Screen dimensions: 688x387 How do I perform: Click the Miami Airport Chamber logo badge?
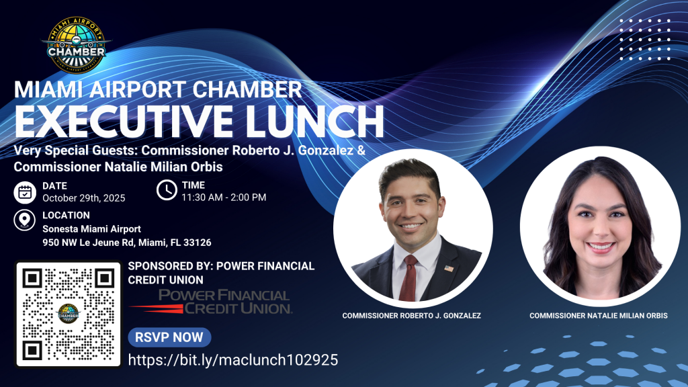(x=77, y=45)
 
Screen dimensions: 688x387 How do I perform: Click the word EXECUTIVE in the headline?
(x=124, y=121)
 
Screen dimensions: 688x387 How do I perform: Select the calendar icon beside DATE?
(x=25, y=192)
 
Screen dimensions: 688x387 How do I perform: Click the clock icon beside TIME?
(x=167, y=190)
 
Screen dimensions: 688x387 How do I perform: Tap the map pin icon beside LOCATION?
(x=25, y=220)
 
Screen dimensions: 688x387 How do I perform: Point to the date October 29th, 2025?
(x=84, y=198)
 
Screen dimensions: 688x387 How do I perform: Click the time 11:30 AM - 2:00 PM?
(x=224, y=198)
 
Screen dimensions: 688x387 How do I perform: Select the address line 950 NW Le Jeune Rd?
(x=127, y=243)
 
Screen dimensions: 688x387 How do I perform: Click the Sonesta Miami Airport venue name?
(x=91, y=229)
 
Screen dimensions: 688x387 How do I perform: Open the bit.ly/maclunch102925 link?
(x=233, y=360)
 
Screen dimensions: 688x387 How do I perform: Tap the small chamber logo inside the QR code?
(x=69, y=314)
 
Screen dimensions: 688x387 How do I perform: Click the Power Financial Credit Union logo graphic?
(x=211, y=302)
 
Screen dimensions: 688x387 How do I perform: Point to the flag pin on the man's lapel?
(x=449, y=268)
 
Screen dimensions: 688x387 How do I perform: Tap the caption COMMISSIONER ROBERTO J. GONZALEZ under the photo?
(x=412, y=316)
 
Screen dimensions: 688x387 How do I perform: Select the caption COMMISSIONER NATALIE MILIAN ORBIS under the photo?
(x=599, y=316)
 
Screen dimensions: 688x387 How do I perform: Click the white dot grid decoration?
(x=645, y=40)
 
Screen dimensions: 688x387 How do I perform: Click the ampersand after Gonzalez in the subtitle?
(x=361, y=150)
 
